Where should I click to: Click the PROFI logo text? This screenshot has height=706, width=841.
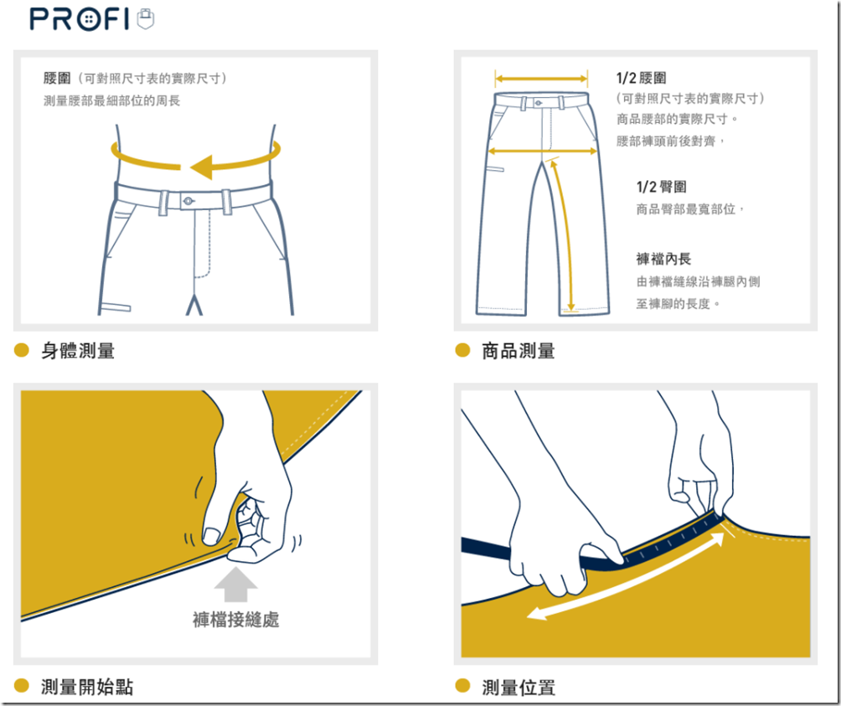(x=80, y=19)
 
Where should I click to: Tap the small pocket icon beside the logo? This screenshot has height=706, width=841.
(x=146, y=18)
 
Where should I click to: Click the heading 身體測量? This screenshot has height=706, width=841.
(x=78, y=351)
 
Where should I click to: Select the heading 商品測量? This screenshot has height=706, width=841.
(x=519, y=351)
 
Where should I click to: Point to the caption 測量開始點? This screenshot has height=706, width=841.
(x=87, y=687)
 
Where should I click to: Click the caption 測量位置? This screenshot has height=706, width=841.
(x=519, y=687)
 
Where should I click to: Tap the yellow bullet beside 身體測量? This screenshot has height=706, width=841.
(x=22, y=350)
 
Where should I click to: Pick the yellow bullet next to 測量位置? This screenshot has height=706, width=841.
(x=462, y=686)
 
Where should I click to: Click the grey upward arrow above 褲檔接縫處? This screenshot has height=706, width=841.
(x=235, y=585)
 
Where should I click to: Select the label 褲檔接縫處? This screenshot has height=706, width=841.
(x=236, y=620)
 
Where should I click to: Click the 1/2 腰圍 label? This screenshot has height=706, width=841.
(x=642, y=78)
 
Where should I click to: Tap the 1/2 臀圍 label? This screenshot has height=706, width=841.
(x=661, y=187)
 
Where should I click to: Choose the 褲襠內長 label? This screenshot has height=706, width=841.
(x=663, y=259)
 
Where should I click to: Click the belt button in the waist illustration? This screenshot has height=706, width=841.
(x=188, y=201)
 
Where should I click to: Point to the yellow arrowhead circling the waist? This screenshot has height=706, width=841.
(x=203, y=167)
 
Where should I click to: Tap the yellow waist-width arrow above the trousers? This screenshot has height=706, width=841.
(x=541, y=79)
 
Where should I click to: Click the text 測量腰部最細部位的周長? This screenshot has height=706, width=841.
(x=112, y=100)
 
